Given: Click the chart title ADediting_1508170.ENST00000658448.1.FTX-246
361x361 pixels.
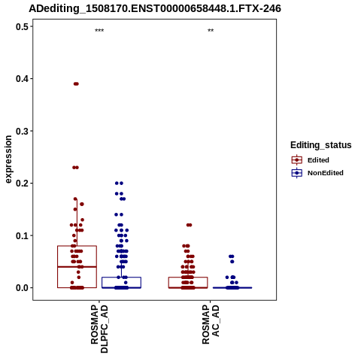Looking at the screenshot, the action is point(155,8).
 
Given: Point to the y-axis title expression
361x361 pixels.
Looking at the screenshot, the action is point(8,159).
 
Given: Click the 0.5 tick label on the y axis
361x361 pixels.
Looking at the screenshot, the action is point(22,26).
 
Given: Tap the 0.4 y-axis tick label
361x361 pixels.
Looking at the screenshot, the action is point(22,79).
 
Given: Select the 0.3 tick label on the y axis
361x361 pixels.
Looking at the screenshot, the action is point(22,131).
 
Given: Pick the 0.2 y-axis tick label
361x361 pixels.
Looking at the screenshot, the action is point(22,184).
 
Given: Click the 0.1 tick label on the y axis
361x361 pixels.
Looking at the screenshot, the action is point(22,235).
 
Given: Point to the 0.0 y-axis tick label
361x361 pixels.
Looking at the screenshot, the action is point(22,288).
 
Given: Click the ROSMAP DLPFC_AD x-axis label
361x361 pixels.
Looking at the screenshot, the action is point(99,329).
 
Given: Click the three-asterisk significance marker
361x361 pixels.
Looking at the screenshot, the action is point(99,31).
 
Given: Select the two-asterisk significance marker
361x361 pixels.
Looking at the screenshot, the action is point(211,31).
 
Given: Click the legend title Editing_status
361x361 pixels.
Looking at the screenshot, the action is point(321,145).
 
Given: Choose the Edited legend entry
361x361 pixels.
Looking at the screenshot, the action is point(311,160).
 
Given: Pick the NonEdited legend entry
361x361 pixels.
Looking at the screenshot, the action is point(317,173).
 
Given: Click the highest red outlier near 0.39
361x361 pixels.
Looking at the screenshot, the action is point(76,83).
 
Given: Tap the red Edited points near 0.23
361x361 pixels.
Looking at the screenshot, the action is point(75,168).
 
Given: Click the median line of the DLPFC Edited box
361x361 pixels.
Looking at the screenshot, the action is point(77,267).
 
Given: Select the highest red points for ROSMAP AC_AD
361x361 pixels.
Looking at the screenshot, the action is point(189,225).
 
